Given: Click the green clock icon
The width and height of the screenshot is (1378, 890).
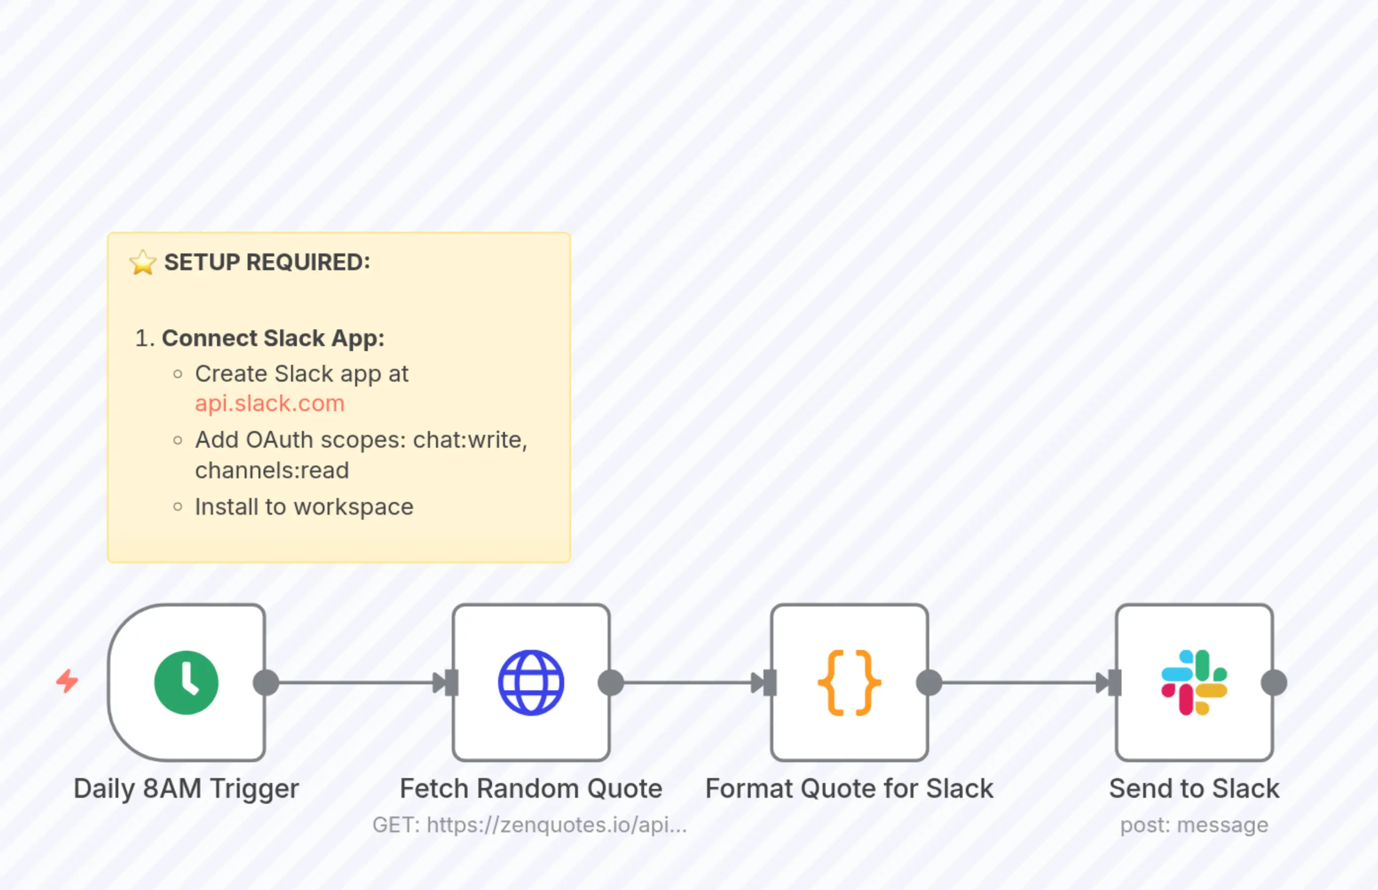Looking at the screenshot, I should pyautogui.click(x=186, y=682).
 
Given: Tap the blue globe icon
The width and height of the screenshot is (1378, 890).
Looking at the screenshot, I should pyautogui.click(x=531, y=682).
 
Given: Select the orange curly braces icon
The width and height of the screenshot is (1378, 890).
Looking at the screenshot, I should pyautogui.click(x=849, y=682).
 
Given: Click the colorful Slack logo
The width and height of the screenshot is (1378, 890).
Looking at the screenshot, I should pyautogui.click(x=1194, y=682).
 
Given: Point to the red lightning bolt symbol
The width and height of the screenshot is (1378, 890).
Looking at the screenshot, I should pyautogui.click(x=67, y=681).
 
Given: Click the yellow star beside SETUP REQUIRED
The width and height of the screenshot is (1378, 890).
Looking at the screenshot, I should pyautogui.click(x=142, y=262).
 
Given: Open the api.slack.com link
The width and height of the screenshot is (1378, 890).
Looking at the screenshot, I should pyautogui.click(x=269, y=403).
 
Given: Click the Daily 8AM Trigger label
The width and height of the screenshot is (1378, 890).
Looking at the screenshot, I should pyautogui.click(x=186, y=789).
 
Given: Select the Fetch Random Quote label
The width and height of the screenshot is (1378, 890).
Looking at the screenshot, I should pyautogui.click(x=531, y=789).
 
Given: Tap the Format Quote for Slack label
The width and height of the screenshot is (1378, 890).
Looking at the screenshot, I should pyautogui.click(x=849, y=789).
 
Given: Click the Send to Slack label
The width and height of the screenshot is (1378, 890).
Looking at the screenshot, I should pyautogui.click(x=1194, y=789).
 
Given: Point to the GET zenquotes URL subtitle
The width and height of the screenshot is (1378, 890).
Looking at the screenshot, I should pyautogui.click(x=530, y=825).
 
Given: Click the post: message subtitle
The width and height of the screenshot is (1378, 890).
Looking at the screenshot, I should pyautogui.click(x=1194, y=825).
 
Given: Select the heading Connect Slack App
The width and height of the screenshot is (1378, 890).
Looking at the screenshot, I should pyautogui.click(x=273, y=338).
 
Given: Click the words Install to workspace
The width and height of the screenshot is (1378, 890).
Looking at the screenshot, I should pyautogui.click(x=304, y=507).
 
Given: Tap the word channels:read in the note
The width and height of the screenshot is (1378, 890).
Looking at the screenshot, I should pyautogui.click(x=272, y=470).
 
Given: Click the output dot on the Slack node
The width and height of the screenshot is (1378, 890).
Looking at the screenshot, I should pyautogui.click(x=1274, y=682).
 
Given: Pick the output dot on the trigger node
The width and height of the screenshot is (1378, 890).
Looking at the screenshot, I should pyautogui.click(x=266, y=682).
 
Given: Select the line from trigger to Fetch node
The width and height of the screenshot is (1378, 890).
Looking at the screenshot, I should pyautogui.click(x=356, y=682).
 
